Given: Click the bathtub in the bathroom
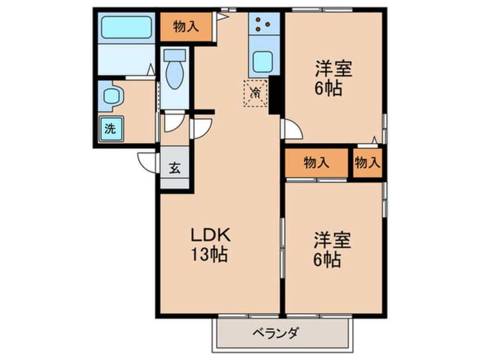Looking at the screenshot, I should tap(126, 27).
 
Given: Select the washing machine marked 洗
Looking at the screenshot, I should tap(110, 128).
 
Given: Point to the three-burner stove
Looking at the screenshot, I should tap(263, 24).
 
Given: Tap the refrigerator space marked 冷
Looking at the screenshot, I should tap(256, 93).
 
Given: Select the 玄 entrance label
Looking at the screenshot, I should tap(175, 168).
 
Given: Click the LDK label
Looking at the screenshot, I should tap(209, 236).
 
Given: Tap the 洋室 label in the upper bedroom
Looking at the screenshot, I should tap(334, 69).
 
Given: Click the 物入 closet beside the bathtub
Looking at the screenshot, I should tap(186, 26).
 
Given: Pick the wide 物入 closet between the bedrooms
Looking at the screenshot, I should tap(316, 163).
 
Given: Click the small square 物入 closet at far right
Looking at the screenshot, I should tap(367, 163).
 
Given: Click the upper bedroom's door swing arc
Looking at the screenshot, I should tap(292, 129).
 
